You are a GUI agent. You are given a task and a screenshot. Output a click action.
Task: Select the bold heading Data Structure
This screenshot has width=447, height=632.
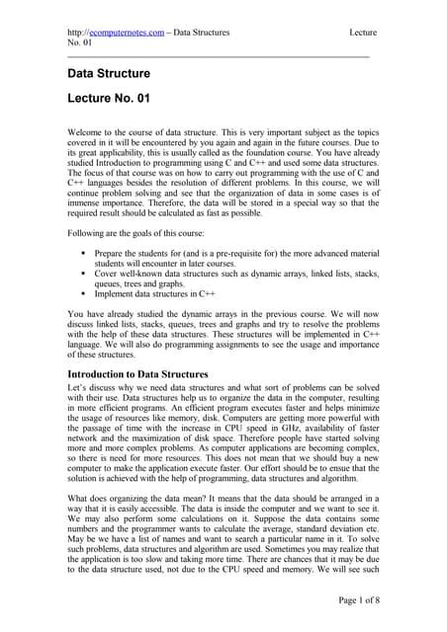point(109,74)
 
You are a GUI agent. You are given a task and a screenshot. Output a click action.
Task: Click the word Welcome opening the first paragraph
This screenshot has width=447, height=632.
point(85,131)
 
